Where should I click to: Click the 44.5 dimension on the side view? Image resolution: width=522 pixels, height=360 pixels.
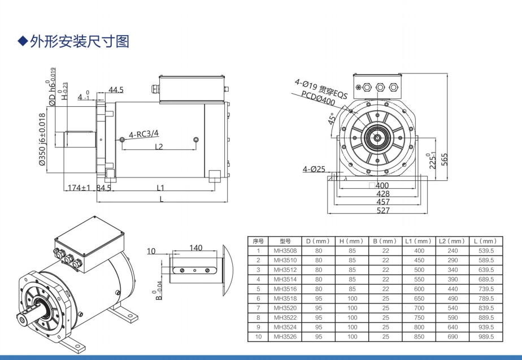[x=116, y=90]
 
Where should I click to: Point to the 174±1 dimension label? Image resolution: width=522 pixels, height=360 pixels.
[x=79, y=188]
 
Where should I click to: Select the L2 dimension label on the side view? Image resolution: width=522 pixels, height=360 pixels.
[x=159, y=146]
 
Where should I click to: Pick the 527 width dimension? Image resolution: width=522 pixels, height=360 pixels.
[x=382, y=210]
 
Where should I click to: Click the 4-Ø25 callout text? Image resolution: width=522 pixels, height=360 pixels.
[x=314, y=169]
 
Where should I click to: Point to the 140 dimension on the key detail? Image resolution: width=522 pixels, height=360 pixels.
[x=195, y=248]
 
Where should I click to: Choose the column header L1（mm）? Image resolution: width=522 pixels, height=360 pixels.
[x=419, y=241]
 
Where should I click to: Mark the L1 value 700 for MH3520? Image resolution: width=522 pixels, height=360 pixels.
[x=419, y=308]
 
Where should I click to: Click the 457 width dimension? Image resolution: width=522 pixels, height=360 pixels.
[x=382, y=202]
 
